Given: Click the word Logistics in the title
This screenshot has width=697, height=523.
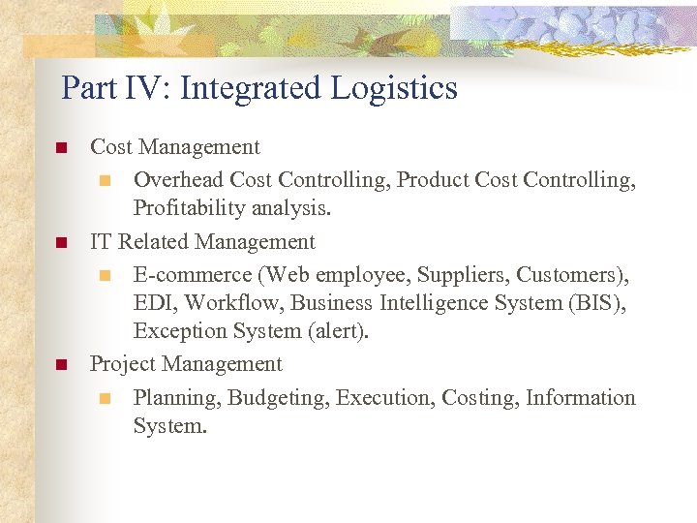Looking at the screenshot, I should click(x=395, y=89).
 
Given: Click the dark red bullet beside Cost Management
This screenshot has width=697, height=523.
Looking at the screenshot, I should click(x=60, y=148).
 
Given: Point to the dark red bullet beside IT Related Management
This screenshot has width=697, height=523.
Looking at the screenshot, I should click(x=60, y=242).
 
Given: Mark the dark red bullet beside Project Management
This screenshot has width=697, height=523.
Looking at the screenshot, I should click(x=60, y=365).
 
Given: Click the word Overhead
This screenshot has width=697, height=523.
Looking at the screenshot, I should click(x=178, y=180).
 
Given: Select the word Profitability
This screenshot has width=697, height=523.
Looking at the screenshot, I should click(x=189, y=208).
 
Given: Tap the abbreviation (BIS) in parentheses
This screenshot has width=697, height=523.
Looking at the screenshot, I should click(x=594, y=303).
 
